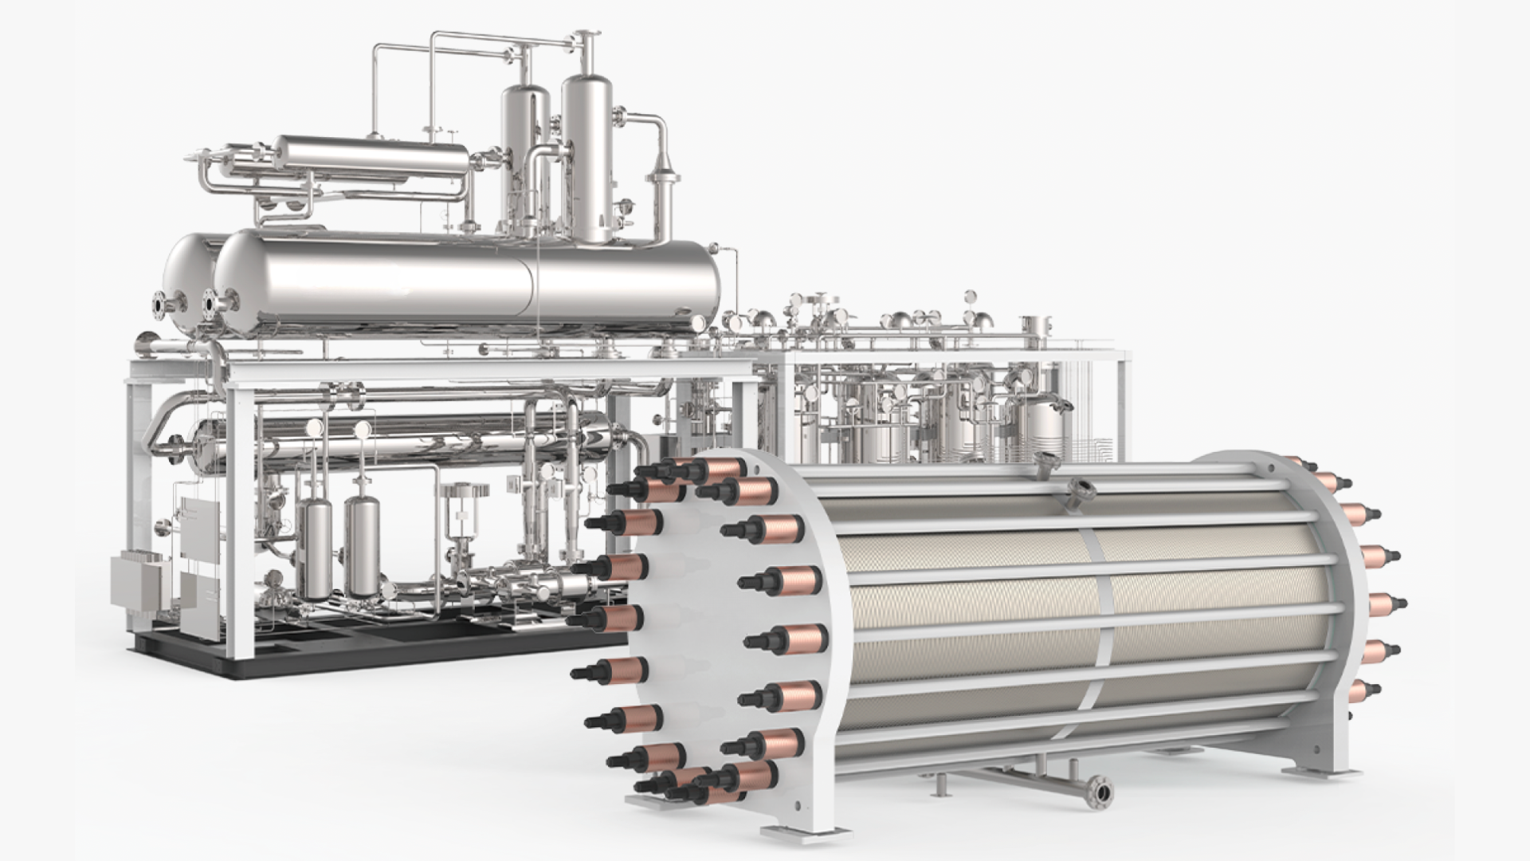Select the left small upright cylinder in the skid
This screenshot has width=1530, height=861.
coord(319,550)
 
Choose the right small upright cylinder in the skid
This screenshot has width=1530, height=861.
coord(363,546)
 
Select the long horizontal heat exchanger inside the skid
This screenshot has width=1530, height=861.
coord(398,439)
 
